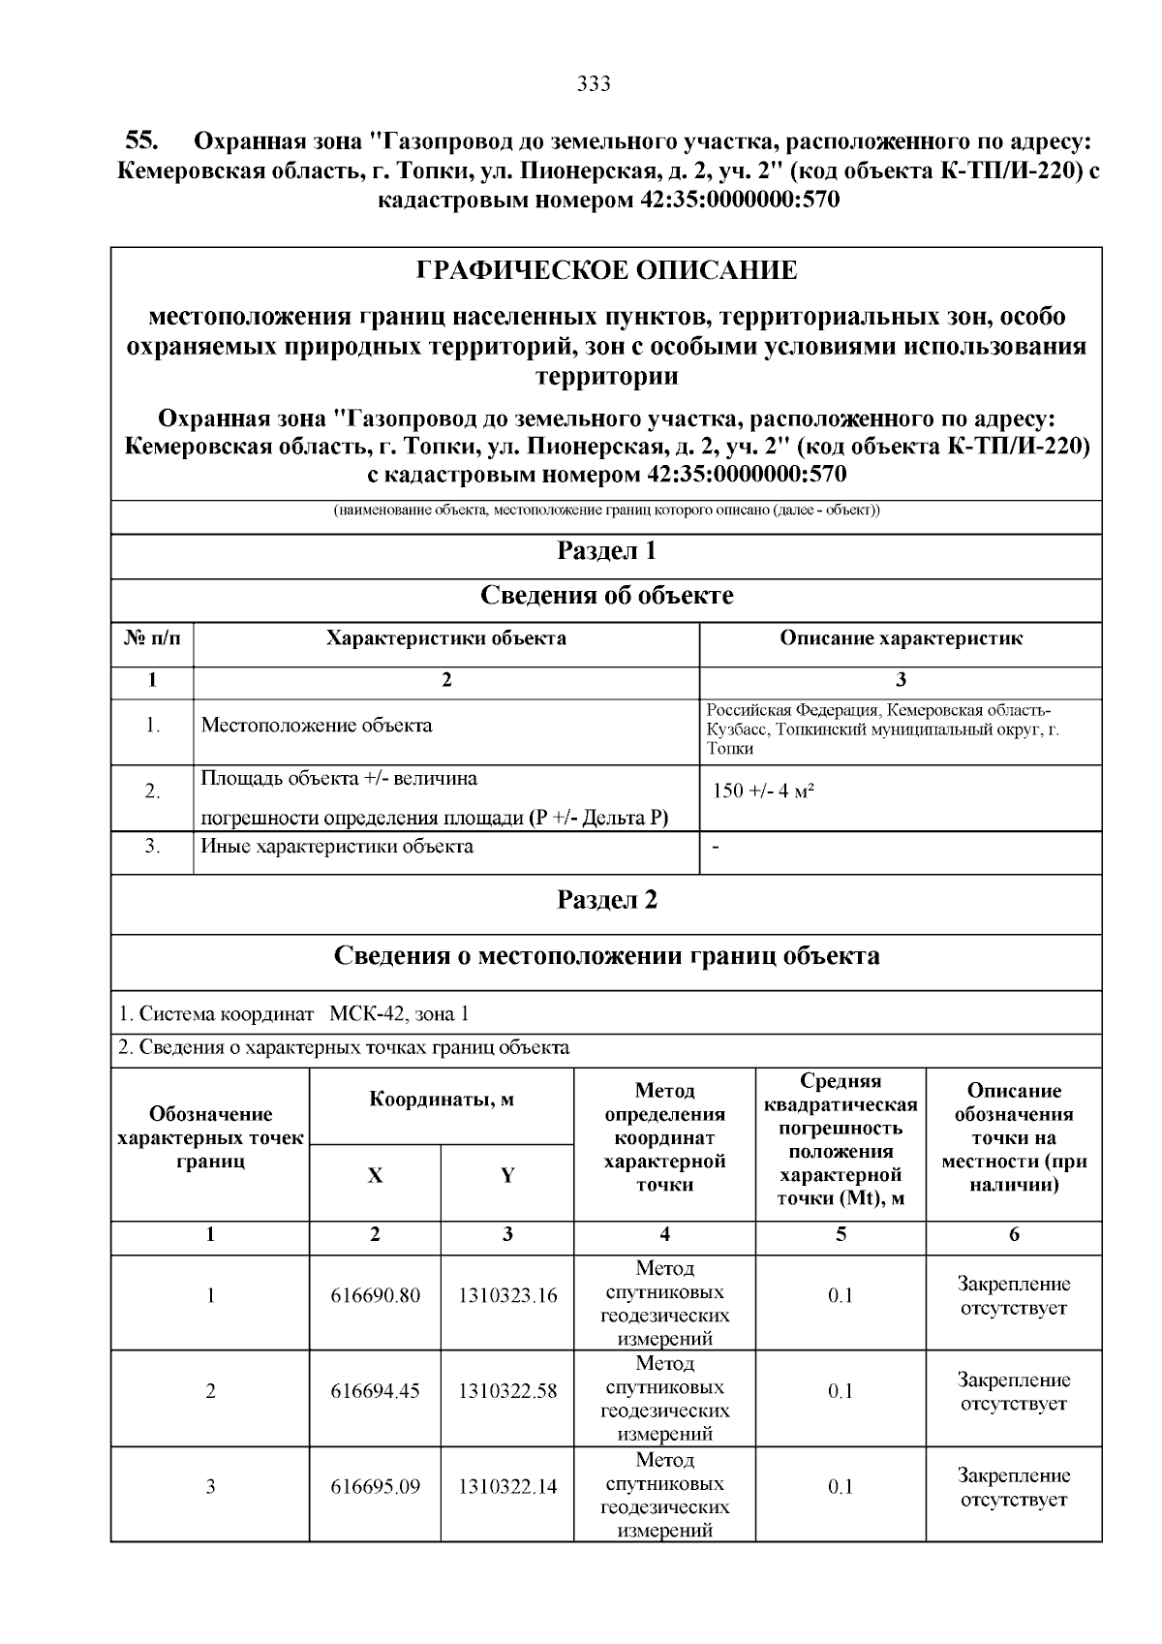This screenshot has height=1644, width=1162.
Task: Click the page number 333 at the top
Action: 593,84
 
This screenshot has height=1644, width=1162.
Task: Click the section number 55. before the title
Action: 141,140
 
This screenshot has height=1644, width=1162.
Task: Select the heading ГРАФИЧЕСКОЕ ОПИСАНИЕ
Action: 606,270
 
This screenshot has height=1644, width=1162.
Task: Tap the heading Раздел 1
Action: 606,551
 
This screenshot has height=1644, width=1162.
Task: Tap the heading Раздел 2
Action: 606,900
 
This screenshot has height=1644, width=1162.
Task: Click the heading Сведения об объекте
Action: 606,596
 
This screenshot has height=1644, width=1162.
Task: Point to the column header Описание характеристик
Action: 901,638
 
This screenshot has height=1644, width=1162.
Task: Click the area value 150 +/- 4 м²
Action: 763,791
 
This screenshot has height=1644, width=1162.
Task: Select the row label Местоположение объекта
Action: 317,726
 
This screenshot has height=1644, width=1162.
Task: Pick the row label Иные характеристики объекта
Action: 337,847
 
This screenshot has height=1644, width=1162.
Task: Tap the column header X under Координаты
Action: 375,1176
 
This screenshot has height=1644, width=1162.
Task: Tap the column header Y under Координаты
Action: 507,1176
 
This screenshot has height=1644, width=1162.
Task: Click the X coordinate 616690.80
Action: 375,1295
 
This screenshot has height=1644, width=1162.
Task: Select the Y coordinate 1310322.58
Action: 507,1391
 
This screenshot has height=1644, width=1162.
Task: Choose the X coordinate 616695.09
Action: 375,1486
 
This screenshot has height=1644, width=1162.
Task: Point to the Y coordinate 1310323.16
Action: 507,1295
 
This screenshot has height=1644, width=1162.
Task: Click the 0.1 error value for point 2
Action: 841,1391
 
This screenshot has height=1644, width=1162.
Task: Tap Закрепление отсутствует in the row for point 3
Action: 1014,1487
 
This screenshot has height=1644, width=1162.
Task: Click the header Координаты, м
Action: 442,1100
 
